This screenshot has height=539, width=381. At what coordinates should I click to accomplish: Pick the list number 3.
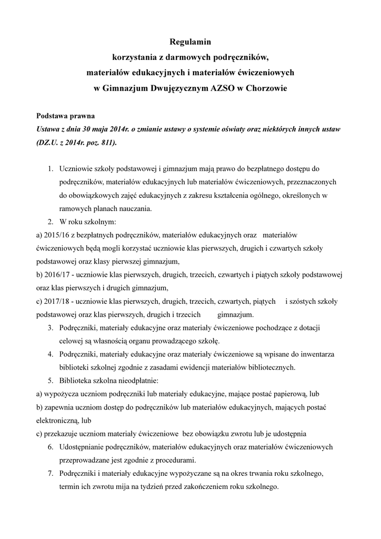pyautogui.click(x=51, y=328)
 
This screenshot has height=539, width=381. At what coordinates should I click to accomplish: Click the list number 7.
pyautogui.click(x=51, y=473)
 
